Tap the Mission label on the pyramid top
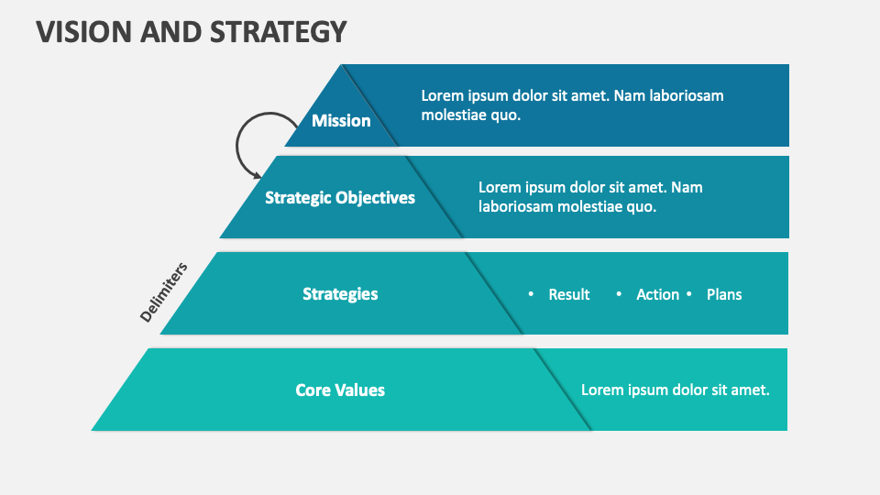point(341,121)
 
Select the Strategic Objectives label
point(340,198)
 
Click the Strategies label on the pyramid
point(340,294)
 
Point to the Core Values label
point(340,390)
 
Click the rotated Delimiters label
point(164,292)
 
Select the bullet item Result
point(569,295)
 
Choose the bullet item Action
point(657,295)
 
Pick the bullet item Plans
point(724,295)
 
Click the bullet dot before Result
point(531,294)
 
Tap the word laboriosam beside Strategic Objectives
point(517,207)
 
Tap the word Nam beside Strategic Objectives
point(687,187)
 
